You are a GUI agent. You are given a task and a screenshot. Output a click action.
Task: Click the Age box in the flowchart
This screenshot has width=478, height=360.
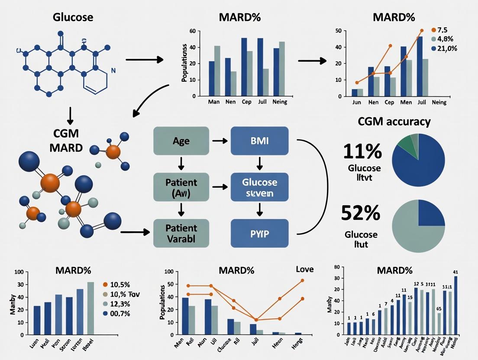click(x=181, y=141)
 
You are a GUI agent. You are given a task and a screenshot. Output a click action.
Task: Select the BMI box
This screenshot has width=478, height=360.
click(x=259, y=141)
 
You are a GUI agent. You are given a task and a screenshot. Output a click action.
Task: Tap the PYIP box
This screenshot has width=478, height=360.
click(x=259, y=234)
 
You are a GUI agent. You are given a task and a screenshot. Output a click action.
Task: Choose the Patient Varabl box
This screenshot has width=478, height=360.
click(x=181, y=234)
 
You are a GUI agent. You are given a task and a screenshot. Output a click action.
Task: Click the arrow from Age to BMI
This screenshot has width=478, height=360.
click(x=220, y=141)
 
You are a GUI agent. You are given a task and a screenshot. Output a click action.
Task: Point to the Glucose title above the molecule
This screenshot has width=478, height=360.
click(x=73, y=18)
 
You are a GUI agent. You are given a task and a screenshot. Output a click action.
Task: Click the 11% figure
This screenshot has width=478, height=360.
click(x=362, y=151)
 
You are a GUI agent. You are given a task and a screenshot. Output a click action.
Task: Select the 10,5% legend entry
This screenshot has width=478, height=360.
click(x=119, y=284)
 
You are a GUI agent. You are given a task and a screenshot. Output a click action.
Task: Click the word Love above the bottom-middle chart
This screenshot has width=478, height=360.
click(x=304, y=269)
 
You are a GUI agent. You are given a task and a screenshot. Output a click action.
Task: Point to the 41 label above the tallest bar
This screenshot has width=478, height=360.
click(x=455, y=272)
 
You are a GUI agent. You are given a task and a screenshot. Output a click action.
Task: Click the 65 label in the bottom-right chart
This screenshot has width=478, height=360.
click(x=438, y=309)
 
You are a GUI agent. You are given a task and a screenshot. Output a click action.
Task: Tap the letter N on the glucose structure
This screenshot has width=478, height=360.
click(x=113, y=70)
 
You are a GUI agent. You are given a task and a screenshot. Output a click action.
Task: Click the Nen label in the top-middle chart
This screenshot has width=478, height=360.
click(x=231, y=102)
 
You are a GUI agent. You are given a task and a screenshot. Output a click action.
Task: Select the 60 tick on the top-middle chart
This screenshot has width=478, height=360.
click(x=193, y=31)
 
